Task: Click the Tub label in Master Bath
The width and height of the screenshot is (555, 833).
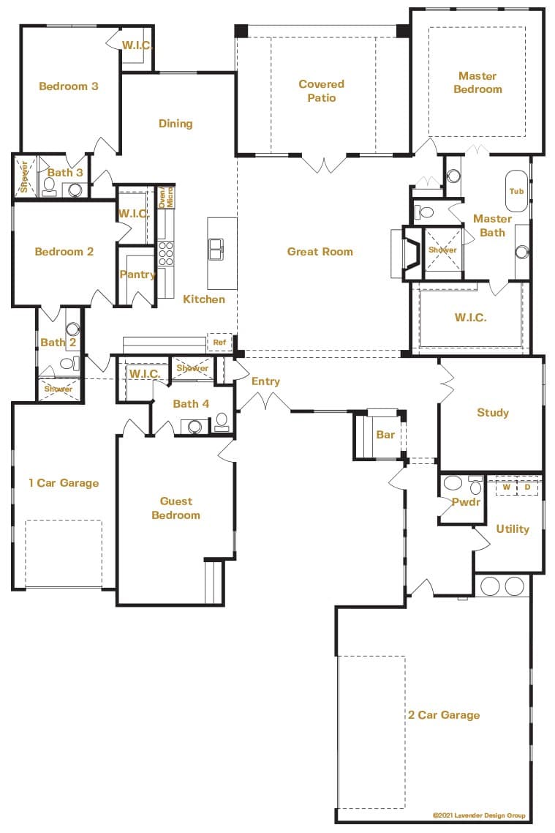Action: point(516,191)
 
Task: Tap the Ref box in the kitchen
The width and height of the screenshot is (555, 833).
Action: point(219,343)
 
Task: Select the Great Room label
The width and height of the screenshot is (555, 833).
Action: point(320,252)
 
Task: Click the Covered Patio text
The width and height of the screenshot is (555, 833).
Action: point(322,91)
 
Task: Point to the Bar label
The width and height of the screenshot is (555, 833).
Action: point(385,435)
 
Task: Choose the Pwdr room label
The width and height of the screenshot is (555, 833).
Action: point(466,502)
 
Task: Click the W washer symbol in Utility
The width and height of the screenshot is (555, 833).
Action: point(506,488)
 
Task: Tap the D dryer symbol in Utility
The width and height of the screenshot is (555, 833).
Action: point(527,488)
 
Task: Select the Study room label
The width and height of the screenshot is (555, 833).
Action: point(493,413)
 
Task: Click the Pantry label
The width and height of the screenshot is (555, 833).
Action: point(137,274)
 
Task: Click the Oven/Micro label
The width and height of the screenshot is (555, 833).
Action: point(166,197)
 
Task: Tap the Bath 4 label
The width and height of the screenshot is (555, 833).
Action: point(191,404)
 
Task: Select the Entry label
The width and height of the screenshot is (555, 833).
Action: point(265,381)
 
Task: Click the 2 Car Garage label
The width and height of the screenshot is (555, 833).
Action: point(444,715)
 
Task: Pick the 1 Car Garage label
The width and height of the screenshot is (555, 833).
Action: point(64,483)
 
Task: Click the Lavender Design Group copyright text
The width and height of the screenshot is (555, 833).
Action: point(479,815)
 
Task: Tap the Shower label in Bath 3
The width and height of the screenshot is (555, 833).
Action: point(24,176)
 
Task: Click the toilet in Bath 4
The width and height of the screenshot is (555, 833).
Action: point(222,422)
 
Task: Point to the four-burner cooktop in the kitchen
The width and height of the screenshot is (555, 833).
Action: point(166,253)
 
